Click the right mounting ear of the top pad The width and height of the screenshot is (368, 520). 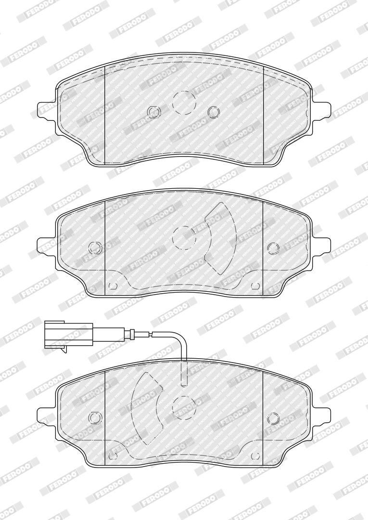(322, 110)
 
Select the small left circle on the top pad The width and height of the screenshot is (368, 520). (153, 112)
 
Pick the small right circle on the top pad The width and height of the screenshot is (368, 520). (214, 112)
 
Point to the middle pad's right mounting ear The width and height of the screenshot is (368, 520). (322, 247)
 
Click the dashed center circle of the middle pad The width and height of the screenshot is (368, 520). (184, 238)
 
